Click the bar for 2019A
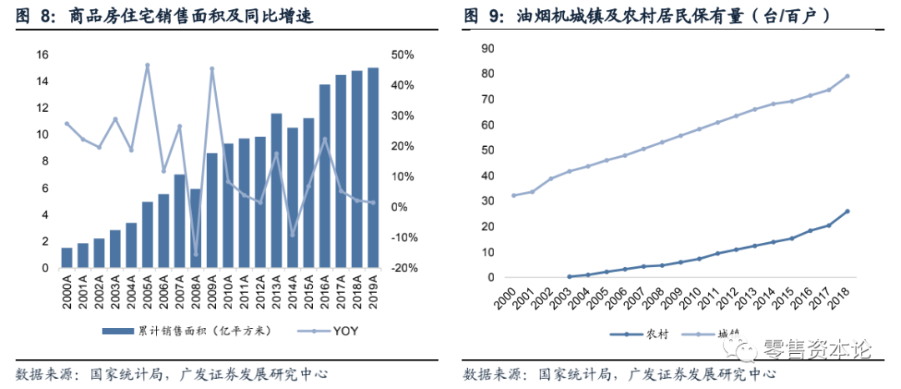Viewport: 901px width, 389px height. pyautogui.click(x=372, y=168)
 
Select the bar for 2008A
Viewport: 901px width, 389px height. pyautogui.click(x=195, y=229)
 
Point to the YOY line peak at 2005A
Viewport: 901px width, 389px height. pyautogui.click(x=148, y=64)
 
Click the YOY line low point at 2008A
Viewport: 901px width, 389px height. pyautogui.click(x=196, y=255)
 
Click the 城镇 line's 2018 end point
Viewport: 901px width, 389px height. pyautogui.click(x=848, y=76)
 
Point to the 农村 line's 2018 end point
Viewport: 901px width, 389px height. pyautogui.click(x=848, y=211)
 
